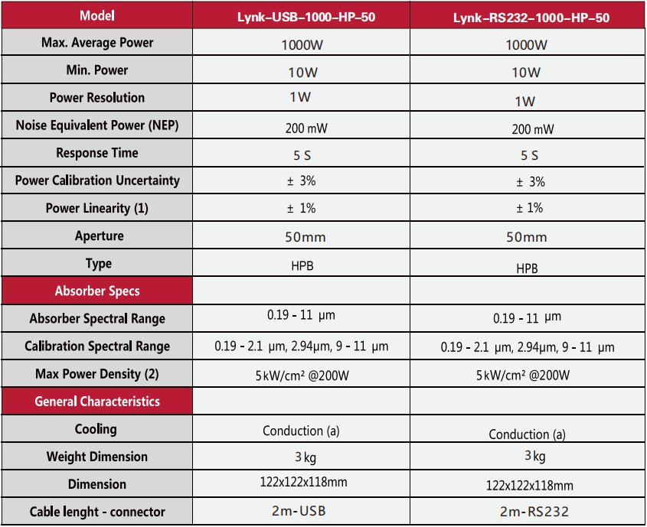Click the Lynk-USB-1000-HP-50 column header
pyautogui.click(x=301, y=17)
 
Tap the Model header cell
pyautogui.click(x=97, y=15)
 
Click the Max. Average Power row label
pyautogui.click(x=97, y=43)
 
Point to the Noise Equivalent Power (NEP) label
pyautogui.click(x=97, y=125)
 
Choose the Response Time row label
pyautogui.click(x=97, y=153)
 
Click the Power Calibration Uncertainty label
pyautogui.click(x=97, y=181)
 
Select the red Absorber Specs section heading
pyautogui.click(x=97, y=291)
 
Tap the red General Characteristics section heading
pyautogui.click(x=97, y=402)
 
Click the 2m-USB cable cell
pyautogui.click(x=301, y=511)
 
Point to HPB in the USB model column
pyautogui.click(x=301, y=265)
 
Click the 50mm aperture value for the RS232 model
pyautogui.click(x=527, y=237)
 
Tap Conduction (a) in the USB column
pyautogui.click(x=301, y=431)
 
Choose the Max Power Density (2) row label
pyautogui.click(x=97, y=374)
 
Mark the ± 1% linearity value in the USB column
pyautogui.click(x=301, y=208)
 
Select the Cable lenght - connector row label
pyautogui.click(x=97, y=512)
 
